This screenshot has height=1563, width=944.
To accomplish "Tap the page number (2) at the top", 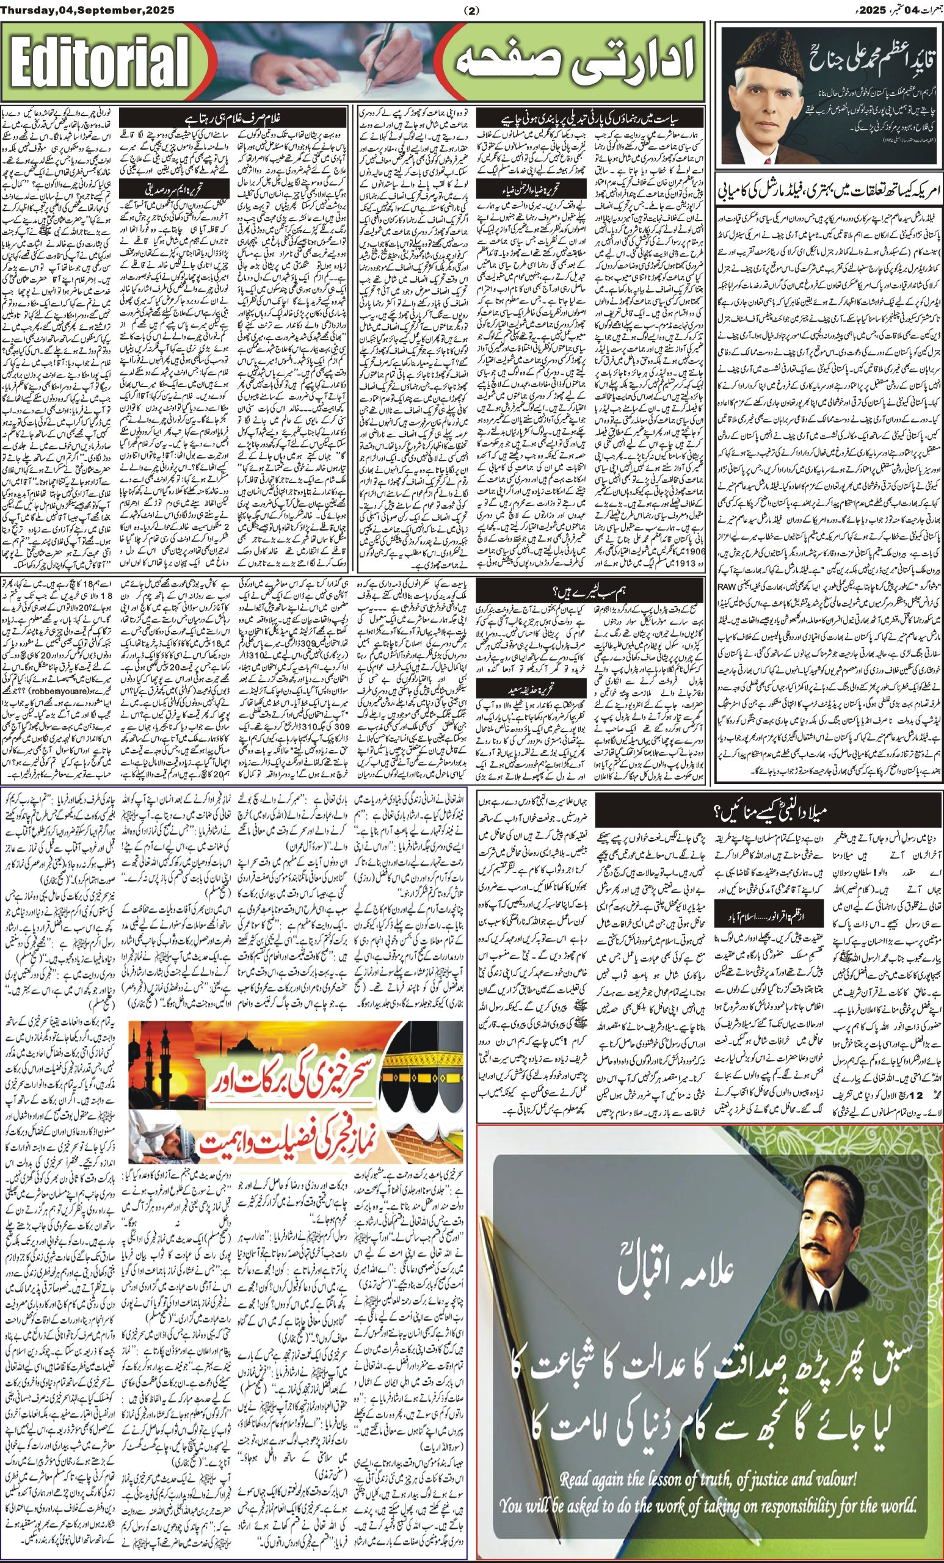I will click(x=471, y=10).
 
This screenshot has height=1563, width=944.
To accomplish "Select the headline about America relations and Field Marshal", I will click(x=827, y=190).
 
